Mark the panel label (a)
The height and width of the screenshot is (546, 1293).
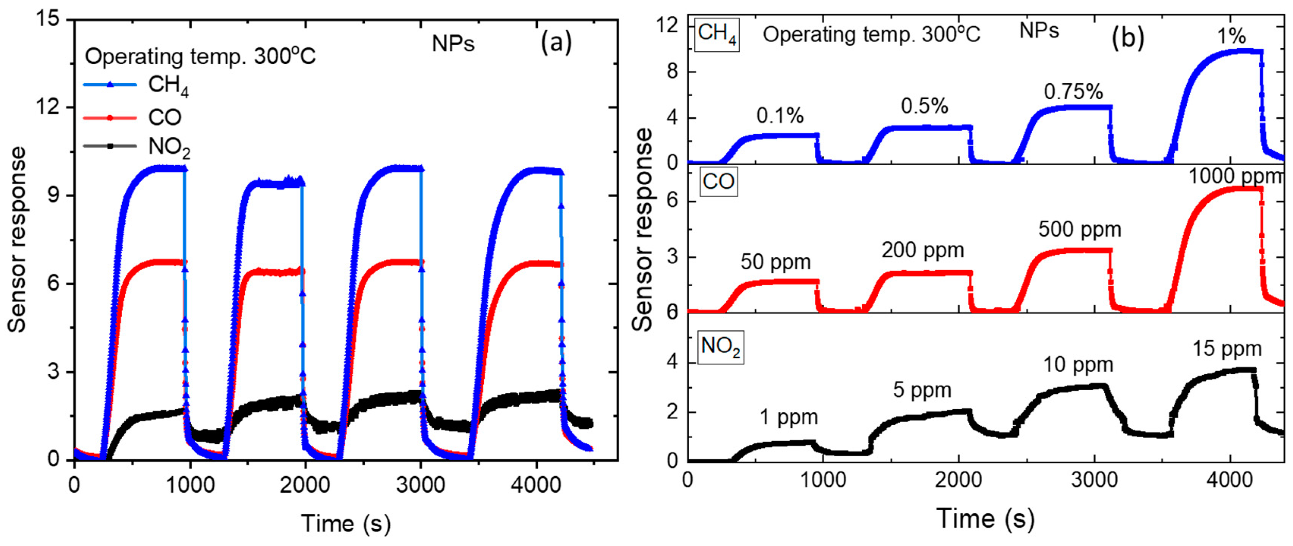click(x=556, y=43)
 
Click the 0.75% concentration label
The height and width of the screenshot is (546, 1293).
click(x=1074, y=92)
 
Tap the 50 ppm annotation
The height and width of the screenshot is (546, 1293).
click(x=775, y=262)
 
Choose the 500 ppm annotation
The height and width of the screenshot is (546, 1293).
click(x=1080, y=229)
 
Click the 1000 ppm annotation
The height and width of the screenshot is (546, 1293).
click(x=1235, y=176)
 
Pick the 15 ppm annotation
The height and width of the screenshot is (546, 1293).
click(x=1227, y=348)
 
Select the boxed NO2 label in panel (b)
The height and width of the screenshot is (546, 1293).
click(x=721, y=347)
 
